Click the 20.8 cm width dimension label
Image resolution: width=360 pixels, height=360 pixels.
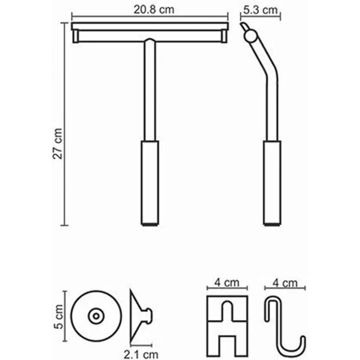pyautogui.click(x=154, y=10)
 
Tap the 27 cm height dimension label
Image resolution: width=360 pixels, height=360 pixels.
pyautogui.click(x=58, y=144)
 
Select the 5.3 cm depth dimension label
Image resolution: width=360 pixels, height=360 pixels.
pyautogui.click(x=260, y=10)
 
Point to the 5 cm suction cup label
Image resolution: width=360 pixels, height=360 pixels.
pyautogui.click(x=59, y=317)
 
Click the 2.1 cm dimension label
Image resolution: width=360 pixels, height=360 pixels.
pyautogui.click(x=141, y=354)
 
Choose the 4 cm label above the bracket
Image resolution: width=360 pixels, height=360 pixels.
pyautogui.click(x=227, y=283)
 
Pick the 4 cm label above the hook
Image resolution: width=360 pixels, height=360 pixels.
pyautogui.click(x=285, y=283)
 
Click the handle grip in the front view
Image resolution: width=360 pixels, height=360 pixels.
pyautogui.click(x=150, y=183)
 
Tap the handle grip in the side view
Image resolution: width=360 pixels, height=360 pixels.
pyautogui.click(x=272, y=183)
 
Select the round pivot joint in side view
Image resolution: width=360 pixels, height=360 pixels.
pyautogui.click(x=250, y=36)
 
